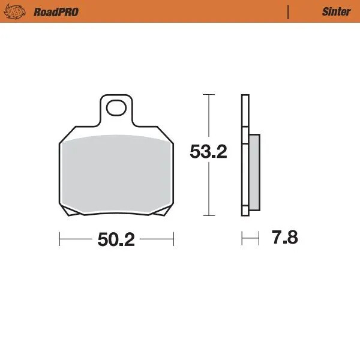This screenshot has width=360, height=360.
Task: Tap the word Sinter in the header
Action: (337, 11)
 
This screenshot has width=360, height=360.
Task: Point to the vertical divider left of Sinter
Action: (289, 11)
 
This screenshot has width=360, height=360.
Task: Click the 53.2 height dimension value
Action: (208, 152)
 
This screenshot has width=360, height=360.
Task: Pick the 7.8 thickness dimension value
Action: (284, 238)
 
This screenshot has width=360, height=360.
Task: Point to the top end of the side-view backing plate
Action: (244, 96)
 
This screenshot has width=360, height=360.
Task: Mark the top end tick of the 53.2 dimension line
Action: (208, 94)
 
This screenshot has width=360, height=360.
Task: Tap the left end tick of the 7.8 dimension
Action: (241, 238)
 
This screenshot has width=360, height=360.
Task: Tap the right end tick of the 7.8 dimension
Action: (259, 238)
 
